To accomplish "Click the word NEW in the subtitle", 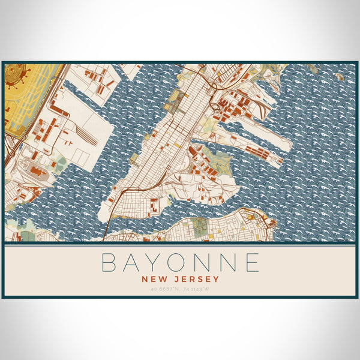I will click(154, 279).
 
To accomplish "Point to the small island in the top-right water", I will click(340, 77).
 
